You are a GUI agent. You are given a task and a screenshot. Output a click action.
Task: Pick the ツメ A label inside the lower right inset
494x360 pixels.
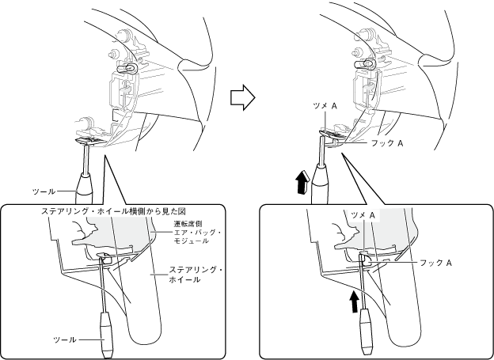[x=362, y=214]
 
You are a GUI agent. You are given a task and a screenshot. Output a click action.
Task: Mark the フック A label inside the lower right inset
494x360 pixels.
[x=435, y=262]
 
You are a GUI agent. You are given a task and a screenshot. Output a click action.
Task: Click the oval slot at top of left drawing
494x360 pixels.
[x=124, y=69]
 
